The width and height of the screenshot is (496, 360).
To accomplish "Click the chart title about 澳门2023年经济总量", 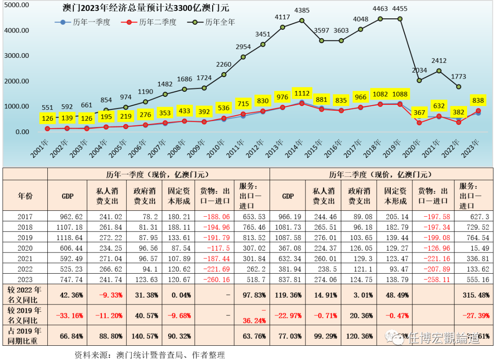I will pyautogui.click(x=146, y=8).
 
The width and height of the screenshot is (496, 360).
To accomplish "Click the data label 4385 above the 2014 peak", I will pyautogui.click(x=302, y=10).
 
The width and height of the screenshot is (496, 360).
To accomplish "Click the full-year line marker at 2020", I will pyautogui.click(x=419, y=80).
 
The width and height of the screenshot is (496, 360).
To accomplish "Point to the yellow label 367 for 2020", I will pyautogui.click(x=419, y=113).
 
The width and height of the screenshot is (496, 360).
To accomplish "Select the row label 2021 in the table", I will pyautogui.click(x=25, y=258).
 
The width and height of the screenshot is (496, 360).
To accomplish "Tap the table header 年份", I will pyautogui.click(x=25, y=196).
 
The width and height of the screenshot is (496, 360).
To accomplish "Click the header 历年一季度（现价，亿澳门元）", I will pyautogui.click(x=158, y=174).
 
